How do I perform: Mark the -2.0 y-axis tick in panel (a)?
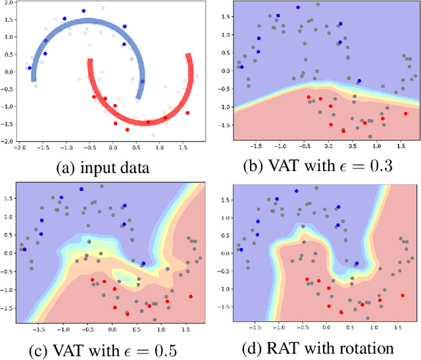point(7,141)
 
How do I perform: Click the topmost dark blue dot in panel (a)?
point(84,11)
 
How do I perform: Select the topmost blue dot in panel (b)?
point(297,8)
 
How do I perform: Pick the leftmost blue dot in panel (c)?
point(24,249)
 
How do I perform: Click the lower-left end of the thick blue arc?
point(34,80)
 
